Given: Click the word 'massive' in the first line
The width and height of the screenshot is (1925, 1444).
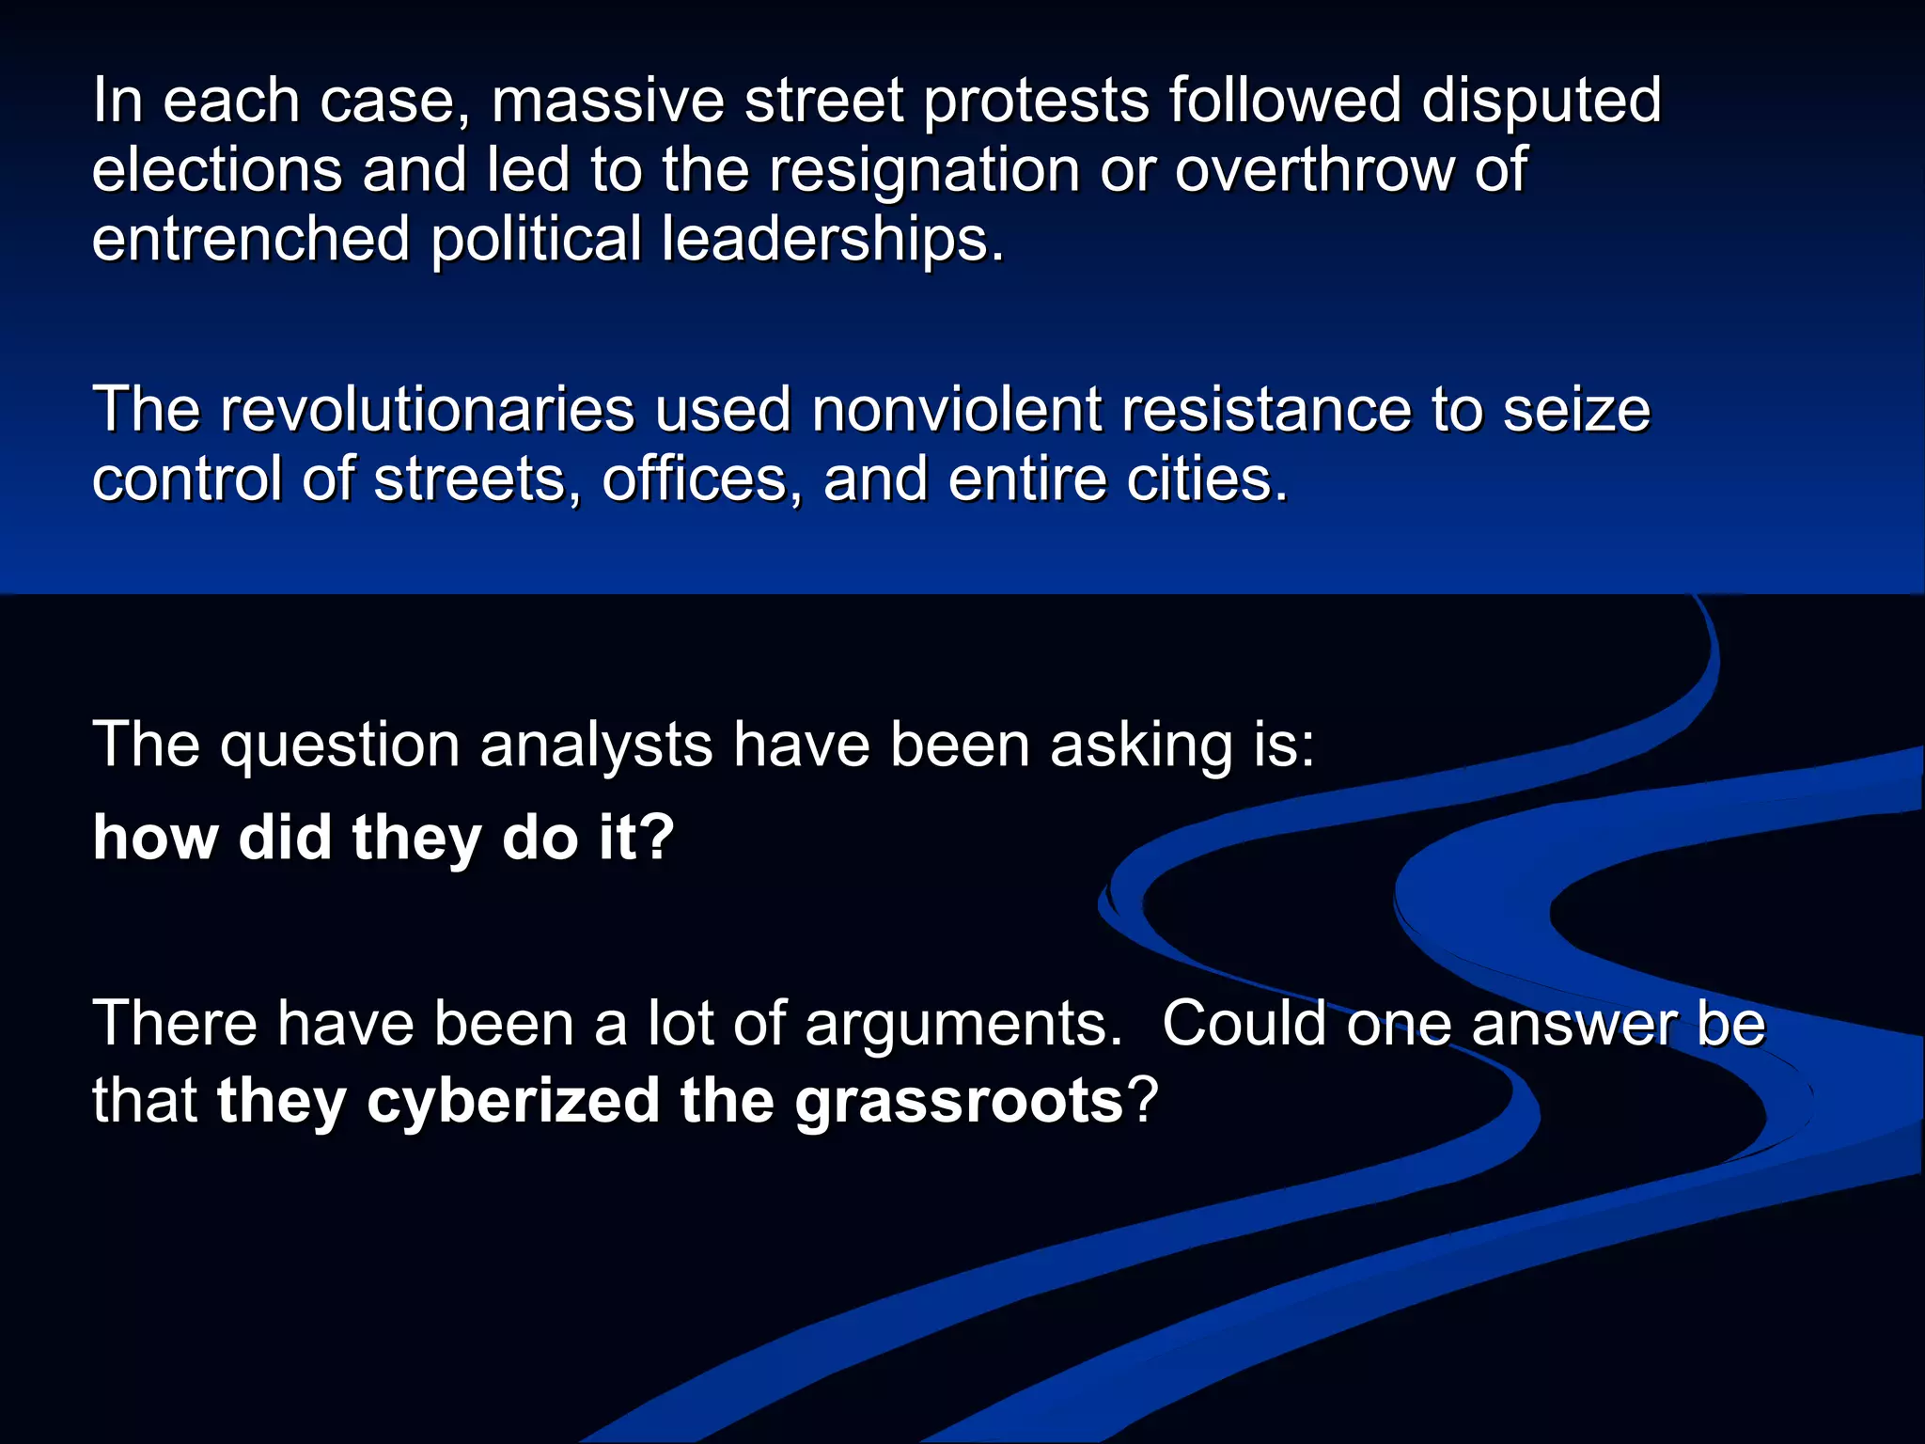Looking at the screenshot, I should [x=607, y=101].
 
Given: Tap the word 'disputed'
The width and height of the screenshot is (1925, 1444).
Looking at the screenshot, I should [x=1541, y=101].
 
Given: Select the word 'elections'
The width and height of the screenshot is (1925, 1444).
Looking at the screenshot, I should [x=217, y=170].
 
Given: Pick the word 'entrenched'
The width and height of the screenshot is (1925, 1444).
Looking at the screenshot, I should [x=251, y=239].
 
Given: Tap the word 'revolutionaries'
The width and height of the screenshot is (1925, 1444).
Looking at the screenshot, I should [x=428, y=410].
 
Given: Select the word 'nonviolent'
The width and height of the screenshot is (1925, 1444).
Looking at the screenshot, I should [x=957, y=410].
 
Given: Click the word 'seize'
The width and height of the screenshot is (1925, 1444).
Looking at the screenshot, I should [x=1576, y=410].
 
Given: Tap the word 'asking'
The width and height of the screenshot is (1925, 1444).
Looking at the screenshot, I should [x=1140, y=746].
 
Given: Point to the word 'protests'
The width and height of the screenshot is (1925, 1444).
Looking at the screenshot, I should [x=1037, y=101].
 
